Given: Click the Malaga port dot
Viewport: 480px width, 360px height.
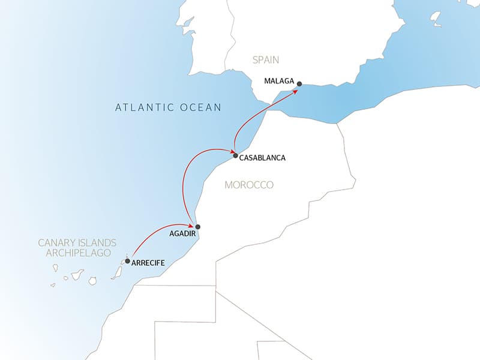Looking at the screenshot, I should point(299,84).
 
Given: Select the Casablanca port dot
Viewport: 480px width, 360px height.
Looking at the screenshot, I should point(235,155).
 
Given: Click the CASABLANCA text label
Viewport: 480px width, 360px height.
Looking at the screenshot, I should point(262,158).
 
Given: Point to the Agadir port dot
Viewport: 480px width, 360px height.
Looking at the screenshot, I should point(197,227).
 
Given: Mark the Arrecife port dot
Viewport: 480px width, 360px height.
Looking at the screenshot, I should point(127,261).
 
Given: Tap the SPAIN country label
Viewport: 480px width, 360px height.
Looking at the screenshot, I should point(266,60).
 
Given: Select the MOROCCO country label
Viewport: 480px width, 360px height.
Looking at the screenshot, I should point(249,185).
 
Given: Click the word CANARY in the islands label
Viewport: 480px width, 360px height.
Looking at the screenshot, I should point(57,243).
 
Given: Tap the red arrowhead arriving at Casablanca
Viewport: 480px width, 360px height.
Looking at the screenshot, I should point(230,151).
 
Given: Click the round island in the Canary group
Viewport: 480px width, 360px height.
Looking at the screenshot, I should point(93,280).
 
